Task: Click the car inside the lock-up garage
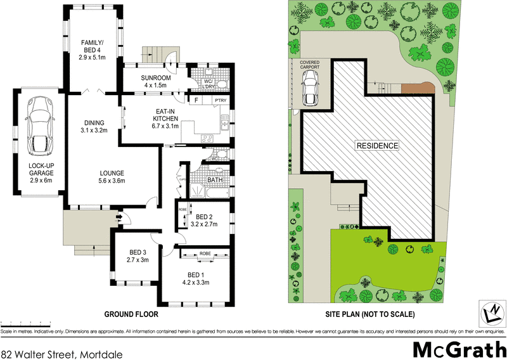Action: (39, 126)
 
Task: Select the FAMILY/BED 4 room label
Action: (92, 48)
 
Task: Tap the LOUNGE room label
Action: (112, 176)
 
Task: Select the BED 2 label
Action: (204, 220)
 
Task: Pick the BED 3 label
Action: (138, 255)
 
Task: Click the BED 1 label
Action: (195, 278)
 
